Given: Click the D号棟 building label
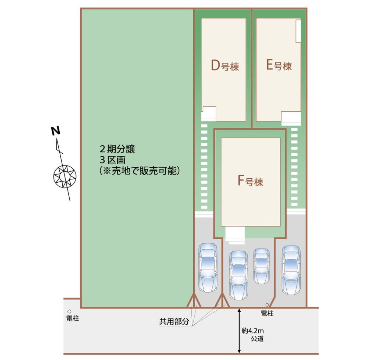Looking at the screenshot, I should click(225, 66).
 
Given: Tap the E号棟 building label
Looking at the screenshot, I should click(279, 66).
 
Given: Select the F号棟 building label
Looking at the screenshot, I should click(250, 181).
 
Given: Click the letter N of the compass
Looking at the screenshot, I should click(56, 131).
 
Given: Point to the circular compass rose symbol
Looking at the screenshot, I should click(65, 176).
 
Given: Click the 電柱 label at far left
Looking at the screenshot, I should click(72, 318).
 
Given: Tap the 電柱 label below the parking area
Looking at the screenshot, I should click(267, 314).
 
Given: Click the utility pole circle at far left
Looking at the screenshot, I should click(69, 311).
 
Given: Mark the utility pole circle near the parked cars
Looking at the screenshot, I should click(267, 305).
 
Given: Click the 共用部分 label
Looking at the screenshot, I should click(174, 321).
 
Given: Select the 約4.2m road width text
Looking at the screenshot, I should click(253, 331).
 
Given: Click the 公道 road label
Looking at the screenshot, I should click(257, 339).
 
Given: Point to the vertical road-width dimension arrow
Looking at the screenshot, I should click(239, 331).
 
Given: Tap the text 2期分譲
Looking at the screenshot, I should click(117, 149).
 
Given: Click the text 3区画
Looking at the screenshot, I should click(112, 160).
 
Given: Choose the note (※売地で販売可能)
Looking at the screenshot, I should click(140, 171).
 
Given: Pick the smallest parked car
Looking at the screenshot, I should click(261, 266).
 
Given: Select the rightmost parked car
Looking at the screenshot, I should click(291, 270).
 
